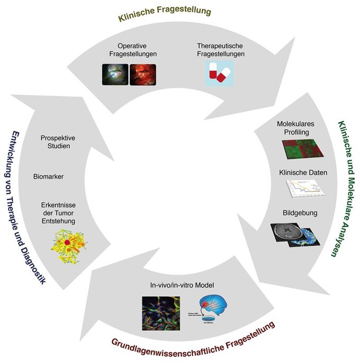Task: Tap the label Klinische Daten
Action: [303, 173]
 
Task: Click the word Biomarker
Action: [48, 176]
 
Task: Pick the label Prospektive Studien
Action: [58, 142]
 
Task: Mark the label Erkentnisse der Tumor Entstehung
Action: [58, 213]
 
